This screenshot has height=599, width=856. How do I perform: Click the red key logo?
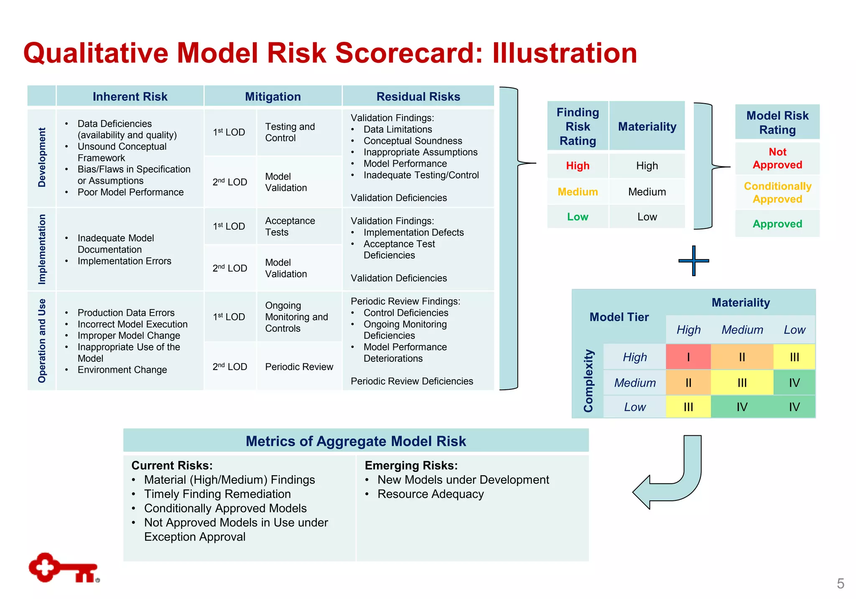point(63,568)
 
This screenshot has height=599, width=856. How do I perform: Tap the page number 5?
point(840,584)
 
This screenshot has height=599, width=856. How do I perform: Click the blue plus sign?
point(694,261)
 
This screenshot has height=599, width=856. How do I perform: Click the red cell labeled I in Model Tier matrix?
point(688,357)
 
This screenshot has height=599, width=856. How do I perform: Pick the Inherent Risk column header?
point(130,96)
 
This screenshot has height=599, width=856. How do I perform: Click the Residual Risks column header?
point(418,96)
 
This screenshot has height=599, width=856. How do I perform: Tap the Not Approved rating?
point(777,158)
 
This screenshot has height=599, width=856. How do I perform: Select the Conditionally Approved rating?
point(777,193)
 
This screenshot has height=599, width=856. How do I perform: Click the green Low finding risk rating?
point(577,217)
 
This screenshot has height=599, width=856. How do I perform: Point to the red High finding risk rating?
point(577,166)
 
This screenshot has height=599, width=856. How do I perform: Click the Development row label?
point(42,157)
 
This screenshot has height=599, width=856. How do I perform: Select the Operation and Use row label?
point(42,340)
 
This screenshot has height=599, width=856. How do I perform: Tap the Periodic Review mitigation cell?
point(299,367)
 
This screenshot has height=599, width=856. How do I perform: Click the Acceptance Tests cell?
point(290,226)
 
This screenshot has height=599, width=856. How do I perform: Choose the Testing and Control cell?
point(290,132)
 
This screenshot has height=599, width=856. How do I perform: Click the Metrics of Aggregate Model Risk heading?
point(356,441)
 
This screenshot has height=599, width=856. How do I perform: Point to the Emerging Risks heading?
point(411,465)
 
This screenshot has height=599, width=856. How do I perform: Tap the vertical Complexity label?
point(588,381)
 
